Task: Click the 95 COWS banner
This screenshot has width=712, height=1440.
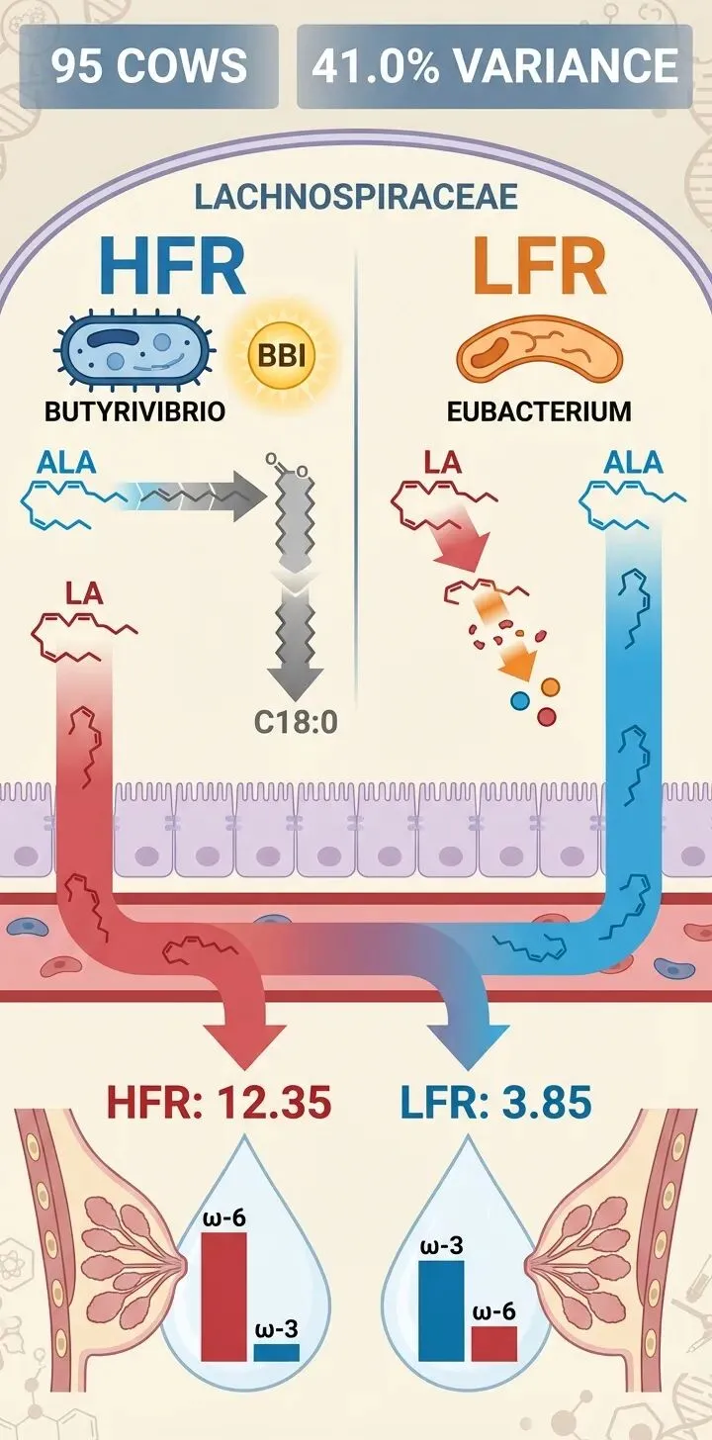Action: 149,66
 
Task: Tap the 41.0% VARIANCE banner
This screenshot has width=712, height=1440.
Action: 494,66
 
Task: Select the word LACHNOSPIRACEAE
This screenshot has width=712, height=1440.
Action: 356,196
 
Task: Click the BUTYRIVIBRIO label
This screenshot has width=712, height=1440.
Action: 135,411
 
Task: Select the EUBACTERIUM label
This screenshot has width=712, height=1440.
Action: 538,411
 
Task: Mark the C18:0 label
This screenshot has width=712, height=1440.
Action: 296,723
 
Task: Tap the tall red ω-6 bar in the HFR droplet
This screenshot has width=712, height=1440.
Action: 223,1296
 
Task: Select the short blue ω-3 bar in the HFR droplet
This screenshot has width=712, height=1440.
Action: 276,1352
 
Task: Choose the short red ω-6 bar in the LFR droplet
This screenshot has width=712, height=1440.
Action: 493,1343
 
